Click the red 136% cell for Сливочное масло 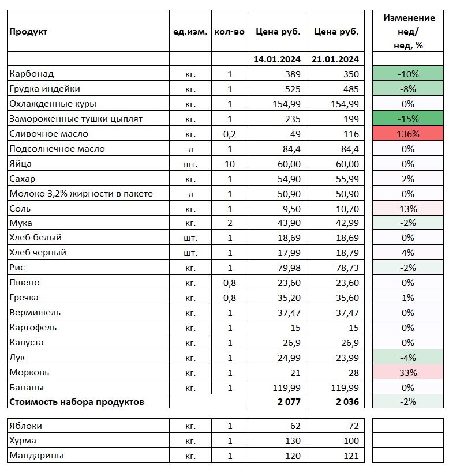[x=408, y=134]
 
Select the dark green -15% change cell [x=408, y=119]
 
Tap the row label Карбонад [x=32, y=74]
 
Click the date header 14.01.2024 [x=277, y=59]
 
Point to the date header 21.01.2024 [x=336, y=59]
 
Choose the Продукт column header [x=28, y=32]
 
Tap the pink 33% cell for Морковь [x=408, y=373]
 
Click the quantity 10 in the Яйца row [x=230, y=164]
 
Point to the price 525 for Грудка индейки [x=293, y=89]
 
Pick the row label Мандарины [x=36, y=456]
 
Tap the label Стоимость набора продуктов [x=77, y=401]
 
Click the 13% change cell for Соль [x=408, y=208]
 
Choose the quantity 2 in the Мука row [x=230, y=223]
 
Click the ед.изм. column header [x=190, y=32]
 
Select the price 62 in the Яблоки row [x=295, y=426]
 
